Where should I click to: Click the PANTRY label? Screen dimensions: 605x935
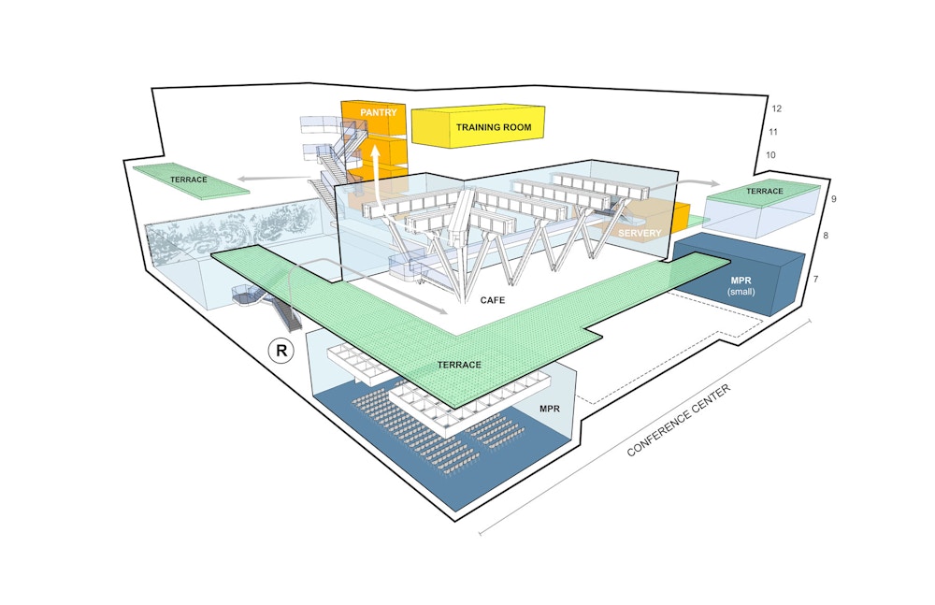[x=373, y=113]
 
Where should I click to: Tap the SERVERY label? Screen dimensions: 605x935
[x=640, y=233]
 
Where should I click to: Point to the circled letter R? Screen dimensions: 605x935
[x=279, y=351]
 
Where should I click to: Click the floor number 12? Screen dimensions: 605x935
[x=776, y=108]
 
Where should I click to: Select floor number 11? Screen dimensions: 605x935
[x=773, y=132]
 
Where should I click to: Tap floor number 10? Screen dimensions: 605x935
[x=770, y=155]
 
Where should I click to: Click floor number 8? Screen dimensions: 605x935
[x=825, y=237]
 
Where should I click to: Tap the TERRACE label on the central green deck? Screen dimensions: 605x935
[x=459, y=364]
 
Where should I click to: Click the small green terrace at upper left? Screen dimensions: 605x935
[x=190, y=180]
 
